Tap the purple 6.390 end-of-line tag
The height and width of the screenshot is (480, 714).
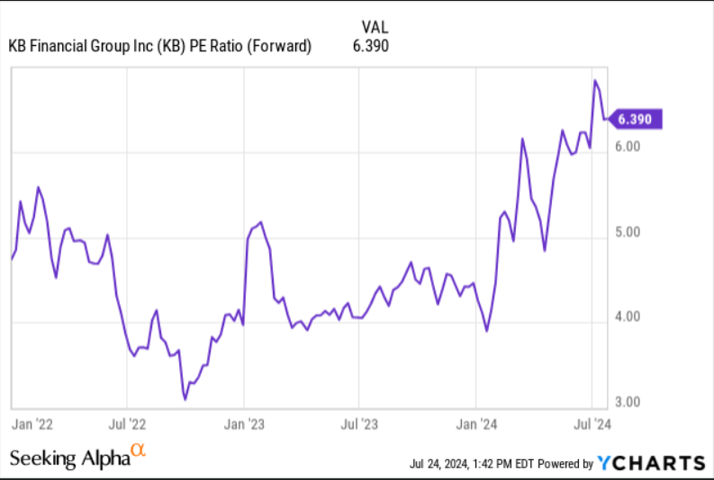click(637, 118)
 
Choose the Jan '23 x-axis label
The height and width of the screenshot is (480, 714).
click(244, 421)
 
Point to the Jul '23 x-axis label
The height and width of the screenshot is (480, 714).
click(358, 421)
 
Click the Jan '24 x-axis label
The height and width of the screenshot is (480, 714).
click(476, 421)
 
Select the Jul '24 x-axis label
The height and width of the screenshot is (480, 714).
click(591, 421)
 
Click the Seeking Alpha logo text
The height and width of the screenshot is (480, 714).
click(68, 457)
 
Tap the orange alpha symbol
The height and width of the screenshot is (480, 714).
click(138, 449)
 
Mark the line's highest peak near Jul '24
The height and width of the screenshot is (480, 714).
click(595, 81)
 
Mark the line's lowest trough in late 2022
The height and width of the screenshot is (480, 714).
click(185, 398)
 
